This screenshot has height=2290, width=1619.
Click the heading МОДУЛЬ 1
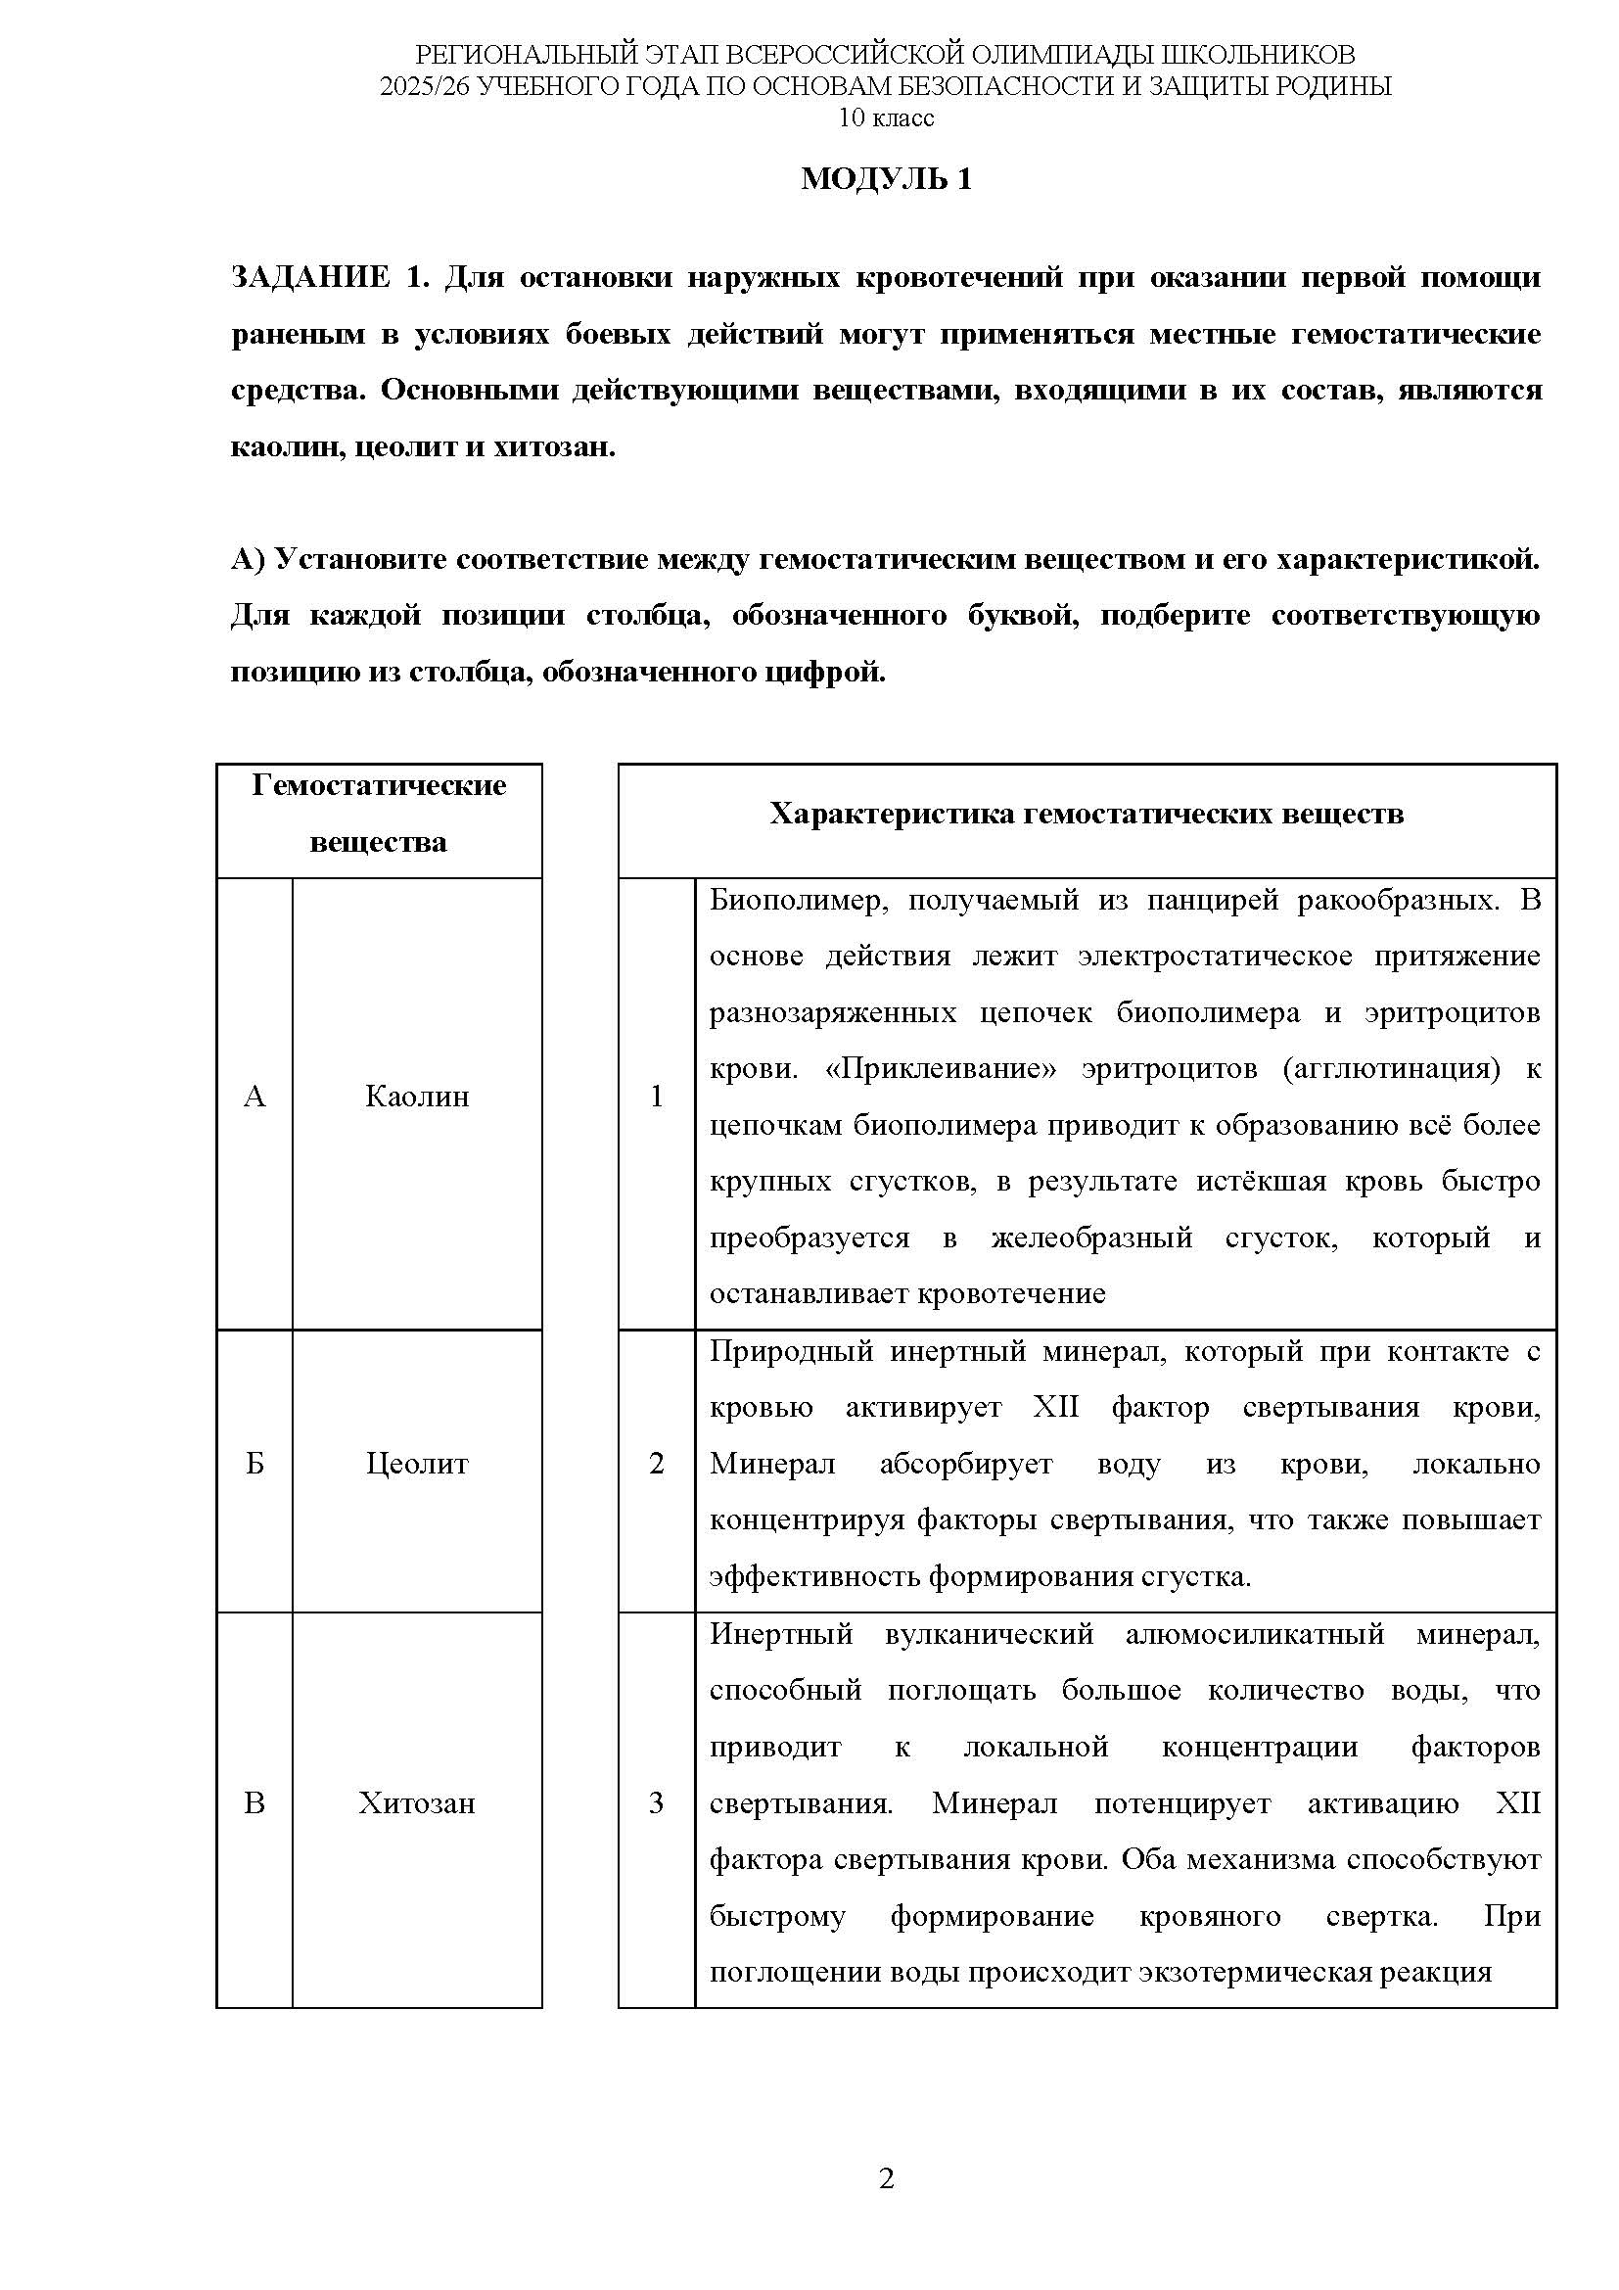coord(885,179)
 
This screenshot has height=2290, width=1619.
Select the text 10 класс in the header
coord(886,118)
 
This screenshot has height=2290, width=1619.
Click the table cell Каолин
coord(417,1098)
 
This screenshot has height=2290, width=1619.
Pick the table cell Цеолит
coord(417,1464)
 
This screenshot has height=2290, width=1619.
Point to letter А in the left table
coord(254,1098)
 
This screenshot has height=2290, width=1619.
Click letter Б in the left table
coord(254,1464)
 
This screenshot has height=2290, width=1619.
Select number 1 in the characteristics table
coord(656,1098)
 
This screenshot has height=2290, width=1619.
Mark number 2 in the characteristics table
coord(656,1464)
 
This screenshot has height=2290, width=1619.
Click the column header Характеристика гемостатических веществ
coord(1086,814)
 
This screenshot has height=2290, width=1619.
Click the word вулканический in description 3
coord(989,1635)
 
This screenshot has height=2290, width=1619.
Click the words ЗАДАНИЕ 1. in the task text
coord(329,277)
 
